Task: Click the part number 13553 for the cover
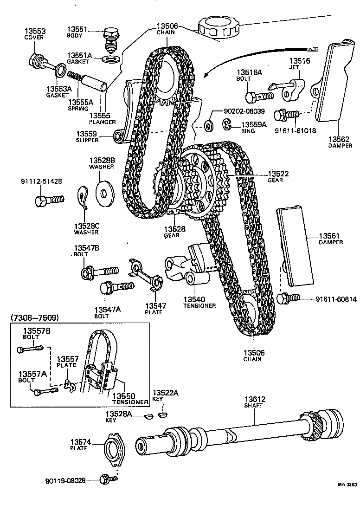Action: [x=35, y=31]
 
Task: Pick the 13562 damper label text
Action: [x=340, y=138]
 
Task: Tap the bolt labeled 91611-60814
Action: [x=288, y=298]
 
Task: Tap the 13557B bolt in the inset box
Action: [x=29, y=348]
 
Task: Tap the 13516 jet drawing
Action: [x=289, y=87]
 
